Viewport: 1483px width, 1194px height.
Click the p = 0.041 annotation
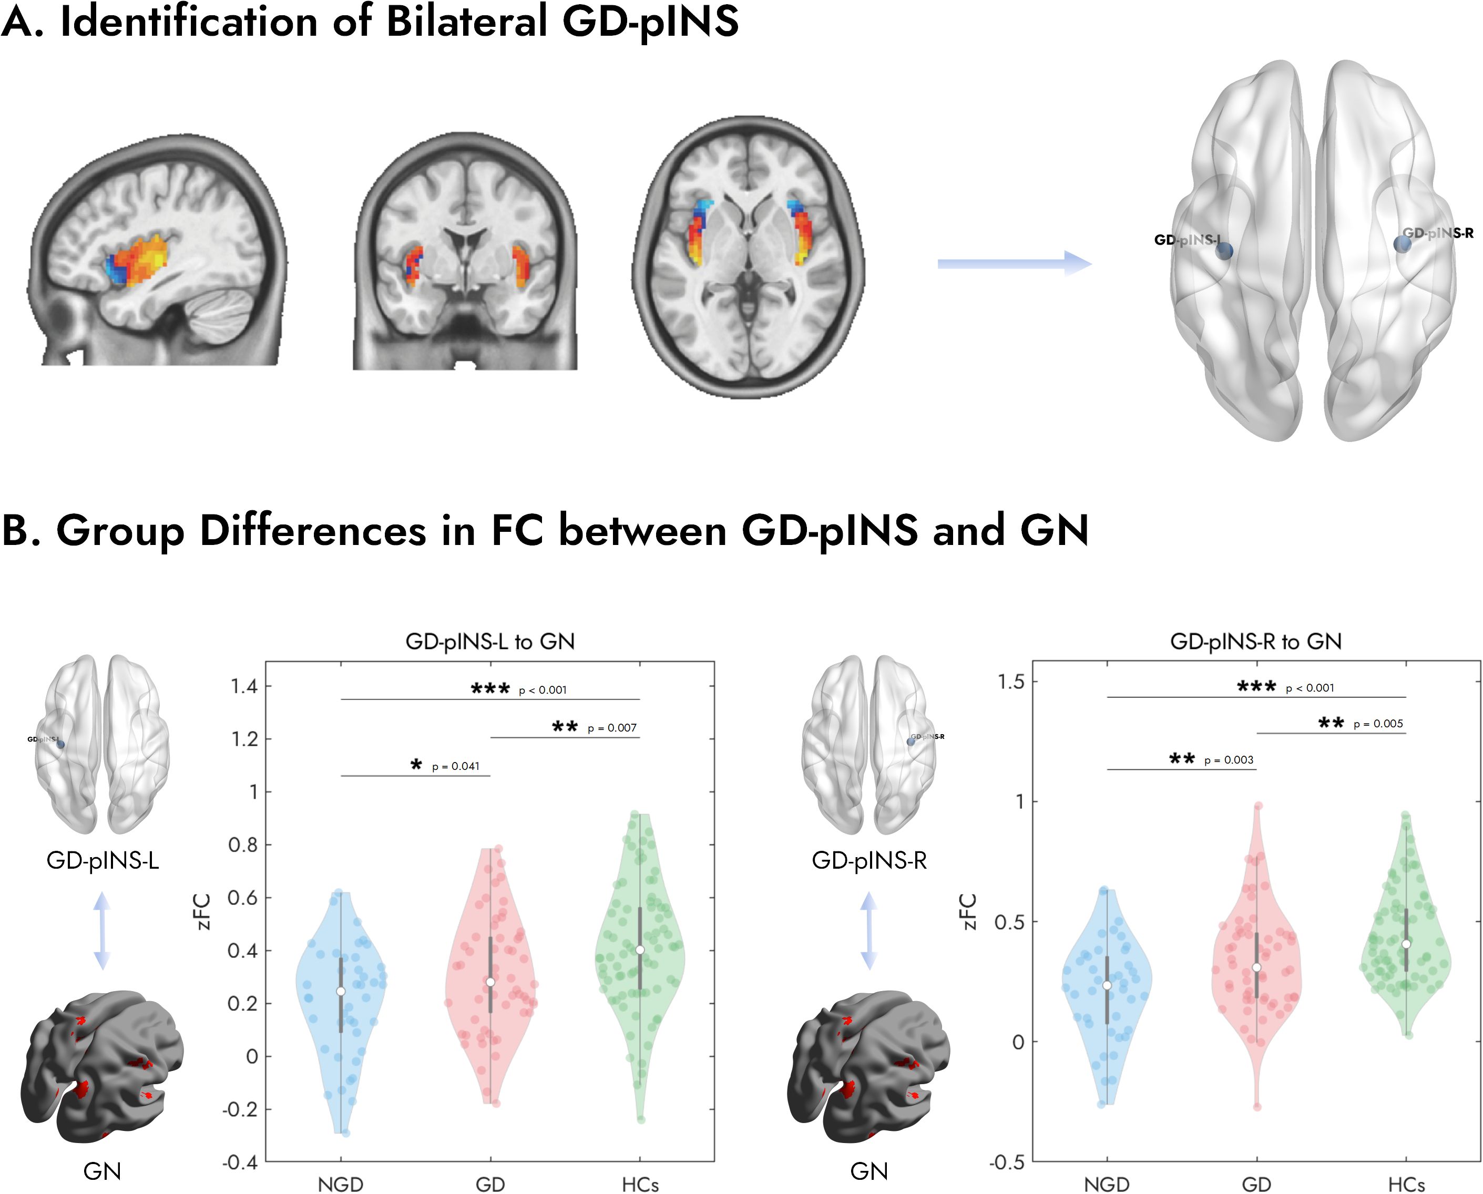click(x=455, y=766)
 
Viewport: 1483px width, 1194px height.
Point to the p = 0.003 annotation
click(x=1229, y=760)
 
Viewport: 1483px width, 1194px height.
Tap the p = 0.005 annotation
click(x=1378, y=724)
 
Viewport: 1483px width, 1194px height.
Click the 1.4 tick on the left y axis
click(x=244, y=686)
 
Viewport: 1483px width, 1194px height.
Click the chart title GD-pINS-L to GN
click(x=490, y=642)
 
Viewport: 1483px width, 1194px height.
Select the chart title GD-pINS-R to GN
click(x=1255, y=642)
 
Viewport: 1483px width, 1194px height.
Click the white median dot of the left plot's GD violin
click(x=490, y=982)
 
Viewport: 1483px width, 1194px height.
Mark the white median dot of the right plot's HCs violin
click(x=1406, y=944)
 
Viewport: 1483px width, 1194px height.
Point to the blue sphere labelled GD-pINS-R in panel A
click(x=1402, y=243)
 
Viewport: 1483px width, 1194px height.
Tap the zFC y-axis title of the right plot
click(x=968, y=911)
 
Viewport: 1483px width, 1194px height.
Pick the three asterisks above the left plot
click(x=490, y=688)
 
